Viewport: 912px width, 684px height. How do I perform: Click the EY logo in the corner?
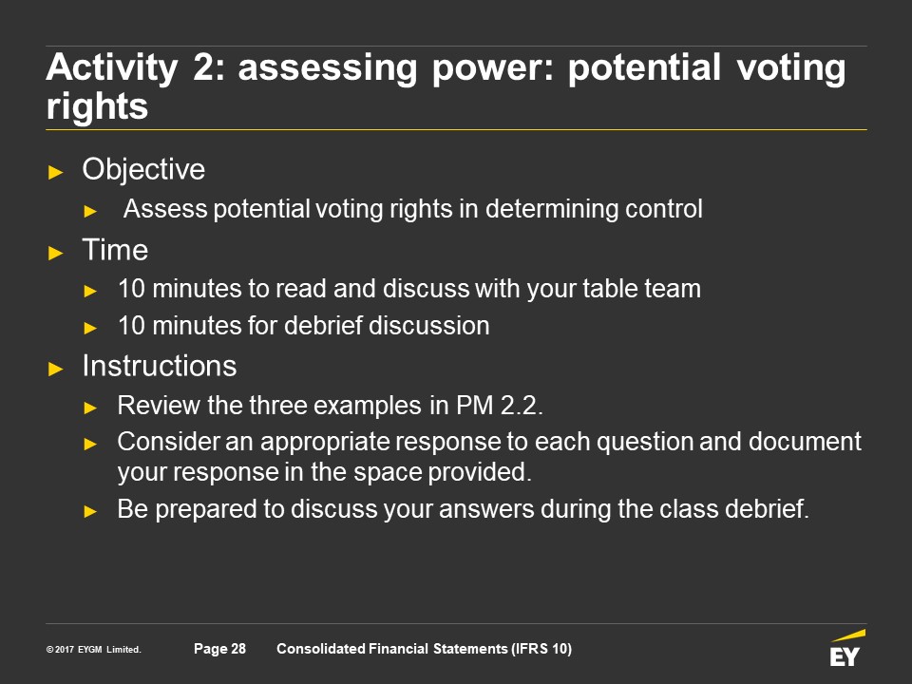pyautogui.click(x=846, y=648)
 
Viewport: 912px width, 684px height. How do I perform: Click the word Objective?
pyautogui.click(x=143, y=170)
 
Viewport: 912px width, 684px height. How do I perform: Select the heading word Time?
pyautogui.click(x=115, y=250)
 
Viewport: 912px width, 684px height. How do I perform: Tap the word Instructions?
pyautogui.click(x=160, y=366)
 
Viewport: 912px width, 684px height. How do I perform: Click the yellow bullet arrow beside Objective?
pyautogui.click(x=56, y=172)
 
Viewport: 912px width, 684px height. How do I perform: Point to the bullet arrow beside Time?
pyautogui.click(x=56, y=253)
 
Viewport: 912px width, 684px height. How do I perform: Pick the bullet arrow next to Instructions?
pyautogui.click(x=56, y=369)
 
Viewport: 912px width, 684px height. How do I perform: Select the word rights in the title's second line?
pyautogui.click(x=97, y=107)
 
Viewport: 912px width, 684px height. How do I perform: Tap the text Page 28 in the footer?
pyautogui.click(x=219, y=649)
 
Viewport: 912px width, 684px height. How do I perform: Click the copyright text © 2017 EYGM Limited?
pyautogui.click(x=94, y=649)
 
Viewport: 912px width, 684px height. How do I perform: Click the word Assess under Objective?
pyautogui.click(x=165, y=209)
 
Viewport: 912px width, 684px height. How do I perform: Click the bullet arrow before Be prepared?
pyautogui.click(x=90, y=511)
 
